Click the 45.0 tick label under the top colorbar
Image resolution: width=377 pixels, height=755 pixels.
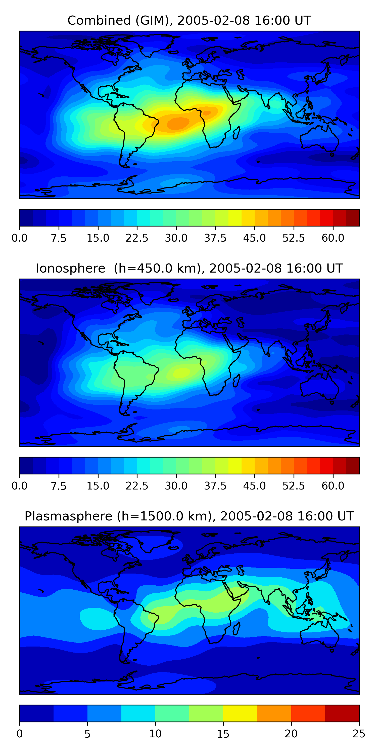254,238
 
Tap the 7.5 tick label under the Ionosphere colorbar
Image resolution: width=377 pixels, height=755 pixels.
59,486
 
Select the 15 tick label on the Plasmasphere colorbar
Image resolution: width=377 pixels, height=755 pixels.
223,734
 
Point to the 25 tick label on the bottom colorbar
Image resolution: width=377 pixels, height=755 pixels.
359,734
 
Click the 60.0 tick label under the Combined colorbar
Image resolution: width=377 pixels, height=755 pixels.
333,238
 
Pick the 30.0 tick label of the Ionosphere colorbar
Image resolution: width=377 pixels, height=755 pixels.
176,486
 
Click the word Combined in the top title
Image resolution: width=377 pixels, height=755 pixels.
99,21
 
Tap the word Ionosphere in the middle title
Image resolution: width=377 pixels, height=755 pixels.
70,269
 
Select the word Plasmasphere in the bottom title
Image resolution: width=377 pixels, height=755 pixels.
68,516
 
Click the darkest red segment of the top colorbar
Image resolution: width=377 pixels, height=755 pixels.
352,218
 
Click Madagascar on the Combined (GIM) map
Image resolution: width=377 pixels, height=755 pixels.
237,132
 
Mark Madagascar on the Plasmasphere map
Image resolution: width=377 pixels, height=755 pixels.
237,628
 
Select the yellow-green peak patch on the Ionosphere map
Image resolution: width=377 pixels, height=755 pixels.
181,372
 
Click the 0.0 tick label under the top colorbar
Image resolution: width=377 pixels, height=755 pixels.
20,238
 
